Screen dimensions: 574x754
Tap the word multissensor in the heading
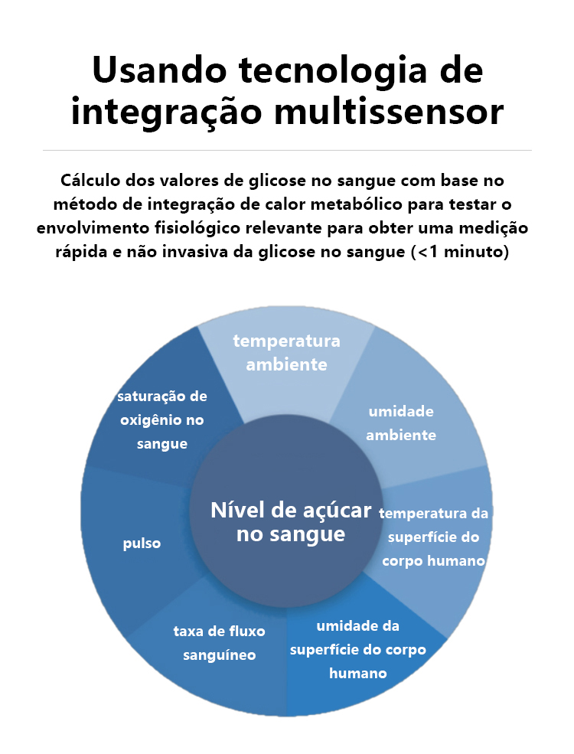[x=389, y=112]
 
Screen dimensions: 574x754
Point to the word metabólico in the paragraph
[x=356, y=204]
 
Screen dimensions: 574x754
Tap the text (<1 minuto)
[x=460, y=252]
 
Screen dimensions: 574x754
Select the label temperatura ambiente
[x=286, y=352]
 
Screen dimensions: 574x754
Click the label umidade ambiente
[x=401, y=423]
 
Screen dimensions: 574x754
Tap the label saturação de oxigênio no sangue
[x=162, y=419]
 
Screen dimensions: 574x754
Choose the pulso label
[x=142, y=543]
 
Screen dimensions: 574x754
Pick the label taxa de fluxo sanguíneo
[x=219, y=643]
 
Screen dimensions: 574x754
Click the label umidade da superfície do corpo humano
[x=358, y=649]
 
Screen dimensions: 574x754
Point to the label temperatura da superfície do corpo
[x=434, y=537]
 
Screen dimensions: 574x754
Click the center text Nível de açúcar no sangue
[x=291, y=522]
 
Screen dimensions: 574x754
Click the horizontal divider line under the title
[x=287, y=151]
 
